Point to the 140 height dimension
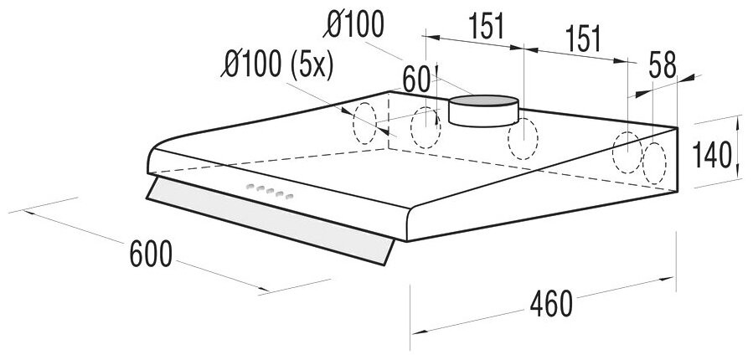click(x=712, y=154)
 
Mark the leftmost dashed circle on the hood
click(x=365, y=123)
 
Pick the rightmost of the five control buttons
click(x=291, y=198)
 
